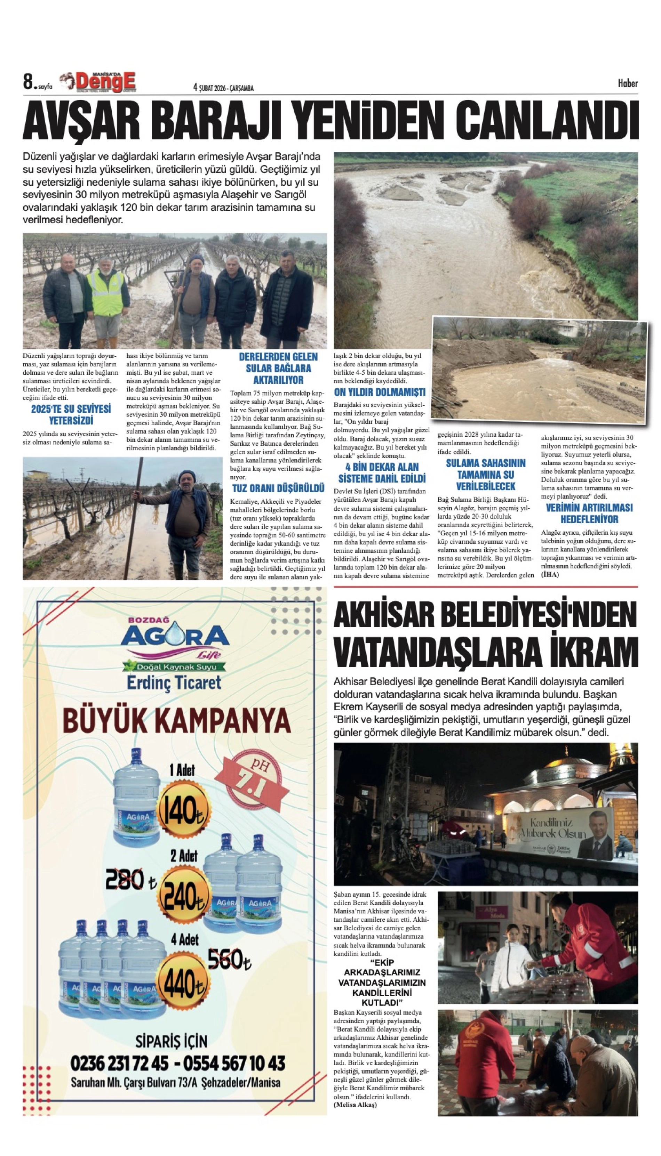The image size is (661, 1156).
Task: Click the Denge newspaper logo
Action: click(x=105, y=83)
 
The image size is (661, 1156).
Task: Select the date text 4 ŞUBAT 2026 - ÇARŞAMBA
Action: click(x=223, y=88)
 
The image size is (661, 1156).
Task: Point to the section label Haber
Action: click(x=627, y=83)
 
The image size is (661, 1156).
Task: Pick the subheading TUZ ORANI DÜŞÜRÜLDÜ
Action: click(x=278, y=488)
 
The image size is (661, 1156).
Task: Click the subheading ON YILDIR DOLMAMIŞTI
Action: click(x=380, y=392)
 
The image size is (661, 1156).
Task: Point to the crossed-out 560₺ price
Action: click(x=229, y=959)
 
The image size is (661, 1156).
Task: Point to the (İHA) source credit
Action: click(x=550, y=574)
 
